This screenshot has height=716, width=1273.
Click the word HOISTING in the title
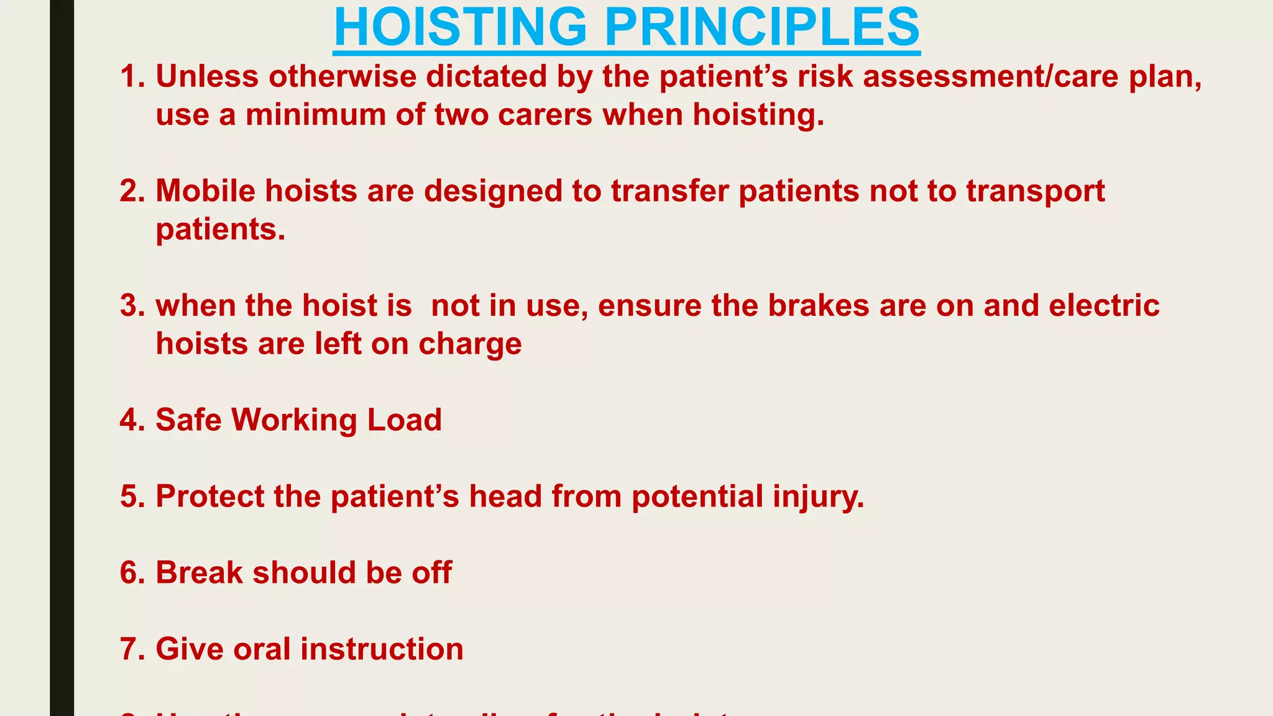point(460,27)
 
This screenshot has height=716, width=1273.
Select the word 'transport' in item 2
point(1035,191)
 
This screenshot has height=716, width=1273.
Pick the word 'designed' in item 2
point(494,191)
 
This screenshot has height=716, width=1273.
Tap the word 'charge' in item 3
point(470,344)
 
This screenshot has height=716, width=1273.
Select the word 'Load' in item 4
point(404,420)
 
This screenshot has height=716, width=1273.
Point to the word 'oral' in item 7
point(262,649)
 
